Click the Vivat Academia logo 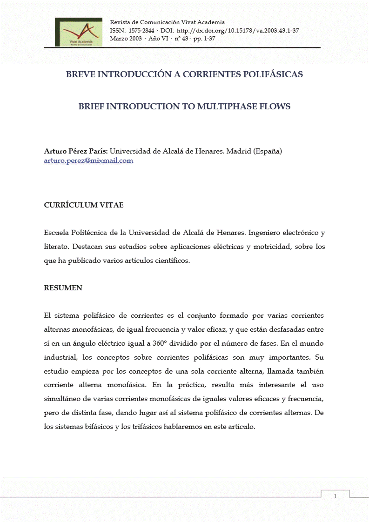(78, 32)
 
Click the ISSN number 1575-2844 (141, 30)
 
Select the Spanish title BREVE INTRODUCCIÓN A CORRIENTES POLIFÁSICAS (184, 74)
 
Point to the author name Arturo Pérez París (75, 151)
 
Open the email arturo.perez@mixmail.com (88, 161)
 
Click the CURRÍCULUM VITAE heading (84, 205)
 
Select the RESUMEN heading (63, 288)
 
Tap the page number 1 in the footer (335, 497)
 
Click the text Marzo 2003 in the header (126, 38)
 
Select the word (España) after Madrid (267, 151)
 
